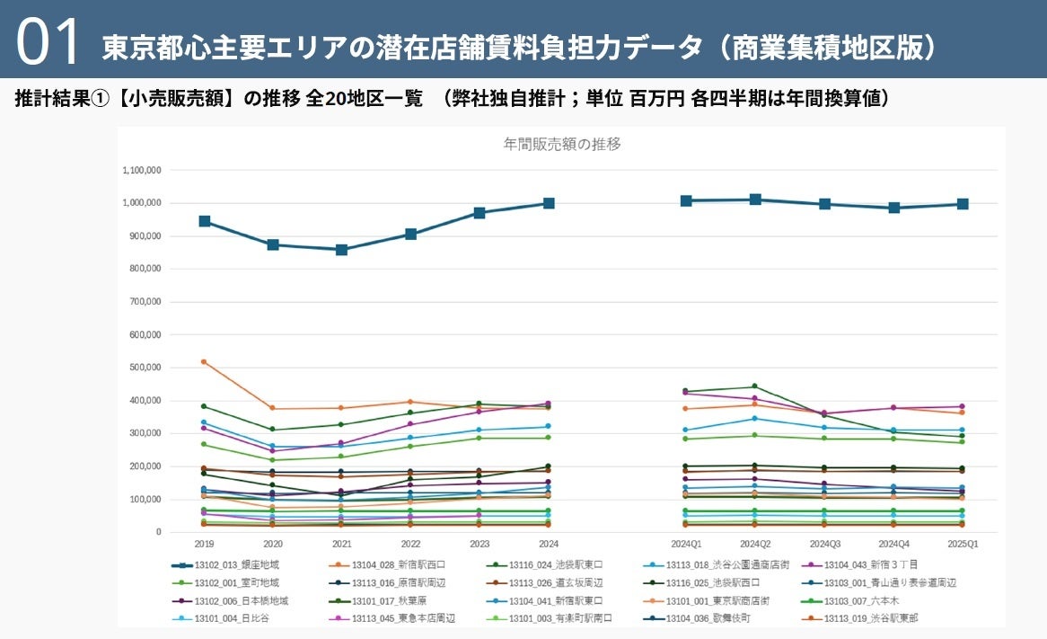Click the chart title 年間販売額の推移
pos(562,144)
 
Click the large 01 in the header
pos(48,42)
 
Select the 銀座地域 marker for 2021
pos(342,250)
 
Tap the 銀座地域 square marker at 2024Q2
pos(755,200)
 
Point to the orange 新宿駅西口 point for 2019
pos(205,362)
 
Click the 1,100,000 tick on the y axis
pos(141,170)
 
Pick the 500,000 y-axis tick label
pos(144,368)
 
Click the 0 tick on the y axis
pos(157,532)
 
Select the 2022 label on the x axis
pos(410,545)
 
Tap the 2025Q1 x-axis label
pos(962,545)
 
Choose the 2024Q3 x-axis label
pos(824,545)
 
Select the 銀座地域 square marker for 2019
pos(205,221)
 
